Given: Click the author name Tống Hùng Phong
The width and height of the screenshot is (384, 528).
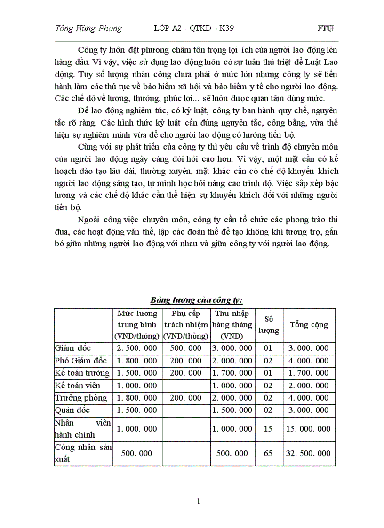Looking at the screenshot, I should click(x=88, y=29).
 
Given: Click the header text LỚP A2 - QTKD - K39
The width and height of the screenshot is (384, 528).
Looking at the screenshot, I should click(x=194, y=28).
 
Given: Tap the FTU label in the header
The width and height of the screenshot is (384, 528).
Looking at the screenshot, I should click(x=326, y=29).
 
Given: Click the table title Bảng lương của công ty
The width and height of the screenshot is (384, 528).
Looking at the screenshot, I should click(x=196, y=299).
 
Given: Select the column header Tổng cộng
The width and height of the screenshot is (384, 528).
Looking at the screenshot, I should click(x=309, y=325).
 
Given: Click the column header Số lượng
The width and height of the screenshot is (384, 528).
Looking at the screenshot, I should click(x=269, y=325).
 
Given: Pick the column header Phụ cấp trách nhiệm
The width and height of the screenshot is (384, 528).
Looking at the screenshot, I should click(x=185, y=325).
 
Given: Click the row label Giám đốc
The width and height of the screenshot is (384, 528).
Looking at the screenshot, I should click(x=73, y=348).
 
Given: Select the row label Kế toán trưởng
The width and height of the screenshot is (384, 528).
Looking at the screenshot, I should click(x=82, y=373).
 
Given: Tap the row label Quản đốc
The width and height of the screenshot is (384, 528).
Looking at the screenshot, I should click(x=72, y=410).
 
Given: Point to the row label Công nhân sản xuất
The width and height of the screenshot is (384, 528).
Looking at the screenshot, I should click(x=83, y=453).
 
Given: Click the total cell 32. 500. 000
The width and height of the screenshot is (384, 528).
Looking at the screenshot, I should click(x=309, y=454).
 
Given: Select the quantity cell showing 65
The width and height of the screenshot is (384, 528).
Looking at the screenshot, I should click(x=268, y=454).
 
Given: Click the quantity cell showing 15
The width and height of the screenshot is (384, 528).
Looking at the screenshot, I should click(x=268, y=429).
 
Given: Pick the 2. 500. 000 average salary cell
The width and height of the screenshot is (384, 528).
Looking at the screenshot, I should click(x=137, y=348).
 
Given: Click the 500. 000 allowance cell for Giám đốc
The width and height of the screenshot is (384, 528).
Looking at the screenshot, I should click(x=185, y=348).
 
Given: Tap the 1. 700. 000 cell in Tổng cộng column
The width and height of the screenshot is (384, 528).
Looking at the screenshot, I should click(x=309, y=373).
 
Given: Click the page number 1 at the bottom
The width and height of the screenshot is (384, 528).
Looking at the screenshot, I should click(x=198, y=501).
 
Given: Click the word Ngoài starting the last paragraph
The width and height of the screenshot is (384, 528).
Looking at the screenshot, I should click(x=90, y=220).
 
